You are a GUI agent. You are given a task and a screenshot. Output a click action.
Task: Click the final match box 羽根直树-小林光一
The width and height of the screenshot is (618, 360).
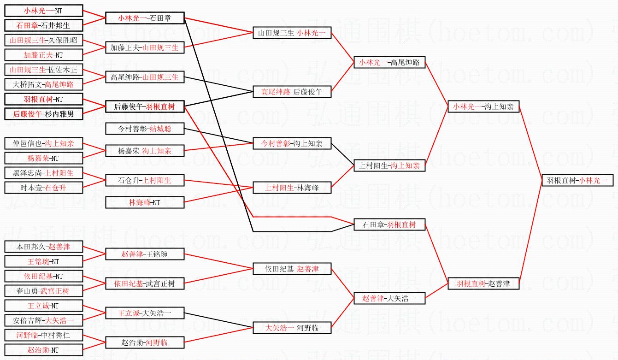[x=577, y=181]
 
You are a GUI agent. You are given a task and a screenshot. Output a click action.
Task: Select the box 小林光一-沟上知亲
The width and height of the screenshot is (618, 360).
[x=483, y=107]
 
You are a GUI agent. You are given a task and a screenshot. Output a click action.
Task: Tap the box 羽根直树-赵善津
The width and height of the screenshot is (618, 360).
[x=483, y=283]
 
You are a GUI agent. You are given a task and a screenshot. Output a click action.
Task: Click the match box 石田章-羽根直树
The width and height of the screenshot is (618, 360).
[x=389, y=225]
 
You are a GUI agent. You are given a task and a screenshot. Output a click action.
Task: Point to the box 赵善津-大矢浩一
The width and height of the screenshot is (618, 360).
[x=389, y=299]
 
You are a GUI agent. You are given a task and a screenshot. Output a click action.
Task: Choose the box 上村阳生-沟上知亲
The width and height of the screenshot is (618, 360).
[x=389, y=166]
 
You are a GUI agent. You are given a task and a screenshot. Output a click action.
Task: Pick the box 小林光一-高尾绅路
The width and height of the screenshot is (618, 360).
[x=389, y=63]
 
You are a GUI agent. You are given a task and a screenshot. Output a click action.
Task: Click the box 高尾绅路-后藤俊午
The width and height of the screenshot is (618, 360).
[x=292, y=92]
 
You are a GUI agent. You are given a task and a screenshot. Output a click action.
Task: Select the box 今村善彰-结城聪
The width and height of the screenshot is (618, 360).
[x=145, y=129]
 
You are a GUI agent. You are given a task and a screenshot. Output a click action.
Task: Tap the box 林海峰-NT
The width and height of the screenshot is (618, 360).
[x=145, y=202]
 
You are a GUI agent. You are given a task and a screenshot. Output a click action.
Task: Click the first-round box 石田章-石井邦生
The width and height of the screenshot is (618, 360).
[x=43, y=25]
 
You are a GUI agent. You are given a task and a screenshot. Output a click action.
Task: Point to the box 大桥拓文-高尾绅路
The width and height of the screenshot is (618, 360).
[x=43, y=84]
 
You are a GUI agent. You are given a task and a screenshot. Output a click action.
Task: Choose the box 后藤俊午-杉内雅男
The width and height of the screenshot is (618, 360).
[x=43, y=114]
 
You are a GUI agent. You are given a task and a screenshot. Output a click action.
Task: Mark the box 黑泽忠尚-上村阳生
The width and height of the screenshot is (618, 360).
[x=43, y=173]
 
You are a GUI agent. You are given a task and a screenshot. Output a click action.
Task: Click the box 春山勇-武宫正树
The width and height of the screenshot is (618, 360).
[x=43, y=291]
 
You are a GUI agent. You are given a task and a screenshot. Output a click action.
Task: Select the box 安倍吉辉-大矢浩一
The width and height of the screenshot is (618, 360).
[x=43, y=320]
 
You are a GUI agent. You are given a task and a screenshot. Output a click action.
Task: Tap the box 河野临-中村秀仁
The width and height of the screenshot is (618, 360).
[x=43, y=335]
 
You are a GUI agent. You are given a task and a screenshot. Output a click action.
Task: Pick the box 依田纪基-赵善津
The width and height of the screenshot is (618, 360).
[x=292, y=269]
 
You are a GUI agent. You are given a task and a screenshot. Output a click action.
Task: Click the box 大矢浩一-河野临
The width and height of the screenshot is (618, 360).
[x=292, y=328]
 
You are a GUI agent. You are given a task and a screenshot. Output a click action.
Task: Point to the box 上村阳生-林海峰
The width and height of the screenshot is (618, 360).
[x=292, y=188]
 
